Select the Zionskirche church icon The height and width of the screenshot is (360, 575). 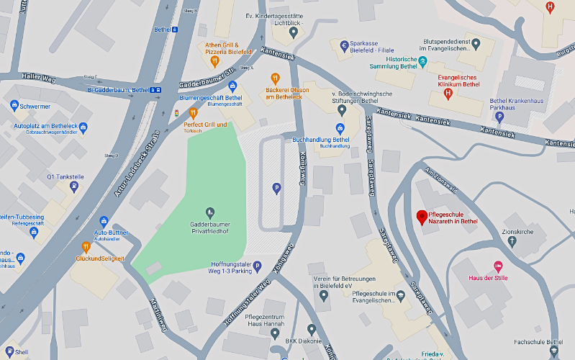click(x=512, y=243)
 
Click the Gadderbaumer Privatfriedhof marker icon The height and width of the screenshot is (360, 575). click(x=210, y=212)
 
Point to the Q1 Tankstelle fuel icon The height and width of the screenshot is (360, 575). click(x=74, y=186)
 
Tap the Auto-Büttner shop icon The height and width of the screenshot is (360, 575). click(x=104, y=221)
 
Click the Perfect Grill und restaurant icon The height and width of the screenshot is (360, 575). click(x=192, y=113)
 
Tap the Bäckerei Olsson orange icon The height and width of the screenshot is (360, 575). click(x=274, y=78)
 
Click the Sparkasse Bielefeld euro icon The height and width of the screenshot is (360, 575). click(x=344, y=45)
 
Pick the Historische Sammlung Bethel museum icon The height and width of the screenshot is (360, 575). click(x=423, y=60)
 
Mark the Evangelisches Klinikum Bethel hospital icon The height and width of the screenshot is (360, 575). click(x=448, y=93)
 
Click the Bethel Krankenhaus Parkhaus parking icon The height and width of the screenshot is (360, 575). click(x=498, y=116)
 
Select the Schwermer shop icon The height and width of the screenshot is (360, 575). click(x=14, y=106)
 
